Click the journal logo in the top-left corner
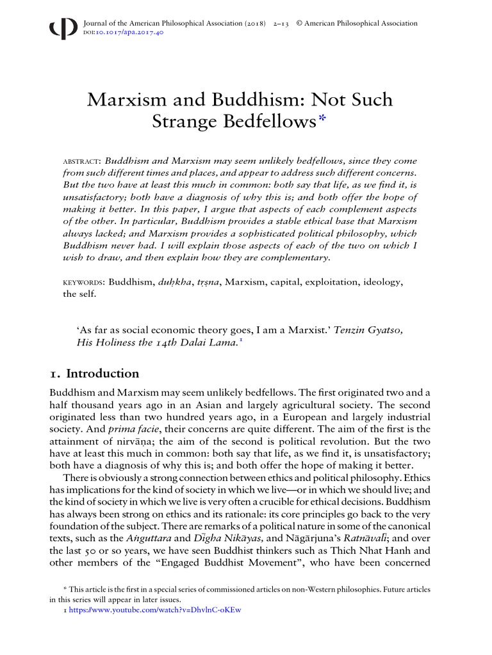[59, 29]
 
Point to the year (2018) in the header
[254, 24]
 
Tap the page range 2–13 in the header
[281, 24]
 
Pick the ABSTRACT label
[81, 161]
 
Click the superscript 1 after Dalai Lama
[240, 340]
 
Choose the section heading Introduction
[102, 374]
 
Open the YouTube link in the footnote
[154, 610]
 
